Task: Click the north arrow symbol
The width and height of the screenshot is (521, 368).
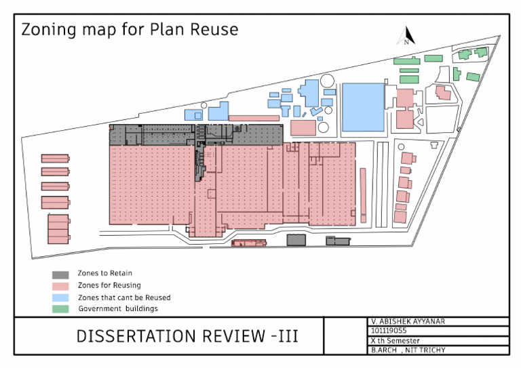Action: coord(408,35)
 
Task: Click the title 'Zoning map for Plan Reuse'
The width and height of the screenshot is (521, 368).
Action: coord(130,30)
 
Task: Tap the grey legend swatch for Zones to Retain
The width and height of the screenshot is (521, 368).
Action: coord(61,274)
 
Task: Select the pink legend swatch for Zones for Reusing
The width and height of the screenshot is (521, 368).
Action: coord(61,286)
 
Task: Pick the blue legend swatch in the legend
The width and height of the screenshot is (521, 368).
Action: coord(61,298)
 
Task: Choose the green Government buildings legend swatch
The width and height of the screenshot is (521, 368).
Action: coord(61,309)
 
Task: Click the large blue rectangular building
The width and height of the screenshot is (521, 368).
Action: coord(362,106)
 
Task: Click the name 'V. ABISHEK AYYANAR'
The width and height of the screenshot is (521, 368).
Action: coord(408,321)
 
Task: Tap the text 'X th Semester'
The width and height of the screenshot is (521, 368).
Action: coord(395,341)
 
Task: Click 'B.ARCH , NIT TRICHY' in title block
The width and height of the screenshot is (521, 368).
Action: coord(408,350)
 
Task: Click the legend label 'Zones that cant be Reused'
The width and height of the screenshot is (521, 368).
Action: coord(124,298)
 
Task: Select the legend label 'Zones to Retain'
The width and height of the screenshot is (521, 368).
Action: coord(104,274)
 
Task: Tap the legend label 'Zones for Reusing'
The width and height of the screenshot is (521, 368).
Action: coord(109,286)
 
